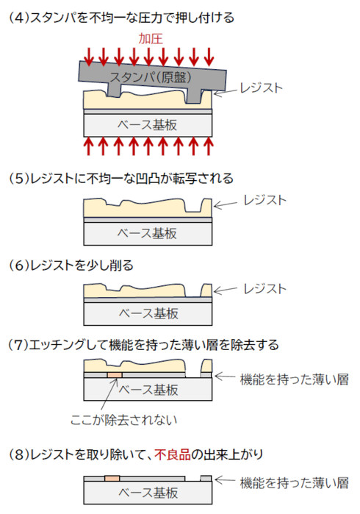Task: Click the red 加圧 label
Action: click(x=151, y=39)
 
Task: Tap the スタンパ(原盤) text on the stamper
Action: click(x=151, y=77)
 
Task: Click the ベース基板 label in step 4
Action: click(x=147, y=125)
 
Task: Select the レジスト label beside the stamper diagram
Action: click(x=261, y=88)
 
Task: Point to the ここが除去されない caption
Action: click(x=123, y=420)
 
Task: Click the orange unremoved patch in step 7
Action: click(x=115, y=375)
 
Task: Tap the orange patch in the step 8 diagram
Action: click(x=112, y=479)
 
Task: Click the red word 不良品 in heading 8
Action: click(x=173, y=454)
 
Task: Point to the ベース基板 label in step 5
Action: click(x=147, y=233)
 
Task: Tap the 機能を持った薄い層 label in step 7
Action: click(x=294, y=379)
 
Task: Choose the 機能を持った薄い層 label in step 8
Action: click(x=294, y=483)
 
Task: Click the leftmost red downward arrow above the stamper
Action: click(x=88, y=57)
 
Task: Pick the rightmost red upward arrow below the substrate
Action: click(x=209, y=146)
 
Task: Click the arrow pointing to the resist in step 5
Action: click(x=225, y=205)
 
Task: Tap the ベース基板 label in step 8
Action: click(x=148, y=493)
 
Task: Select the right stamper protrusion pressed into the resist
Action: click(x=193, y=96)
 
